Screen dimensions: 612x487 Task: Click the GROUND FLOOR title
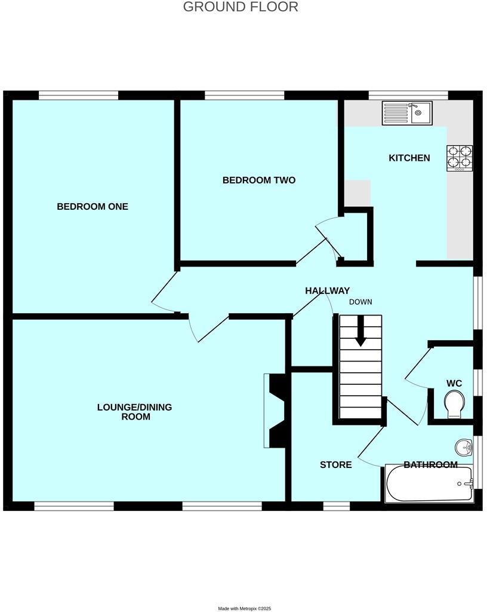tap(240, 7)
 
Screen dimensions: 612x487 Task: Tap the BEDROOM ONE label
tap(93, 207)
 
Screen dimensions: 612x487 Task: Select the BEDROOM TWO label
tap(258, 180)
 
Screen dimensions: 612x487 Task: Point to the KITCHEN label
tap(409, 158)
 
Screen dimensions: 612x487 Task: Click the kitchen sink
tap(407, 112)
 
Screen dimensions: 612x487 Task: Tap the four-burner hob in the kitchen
tap(460, 158)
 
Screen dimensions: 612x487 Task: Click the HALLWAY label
tap(327, 290)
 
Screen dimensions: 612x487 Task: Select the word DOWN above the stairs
tap(360, 302)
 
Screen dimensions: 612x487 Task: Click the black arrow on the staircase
tap(360, 332)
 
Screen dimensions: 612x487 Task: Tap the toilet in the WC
tap(454, 404)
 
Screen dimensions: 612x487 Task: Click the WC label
tap(454, 383)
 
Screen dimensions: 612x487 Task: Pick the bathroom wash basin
tap(463, 446)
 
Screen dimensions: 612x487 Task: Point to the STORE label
tap(335, 464)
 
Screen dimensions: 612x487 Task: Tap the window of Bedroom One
tap(78, 95)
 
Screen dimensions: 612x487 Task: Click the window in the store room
tap(337, 506)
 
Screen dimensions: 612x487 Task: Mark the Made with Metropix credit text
tap(244, 608)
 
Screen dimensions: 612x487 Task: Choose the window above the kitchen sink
tap(408, 95)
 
